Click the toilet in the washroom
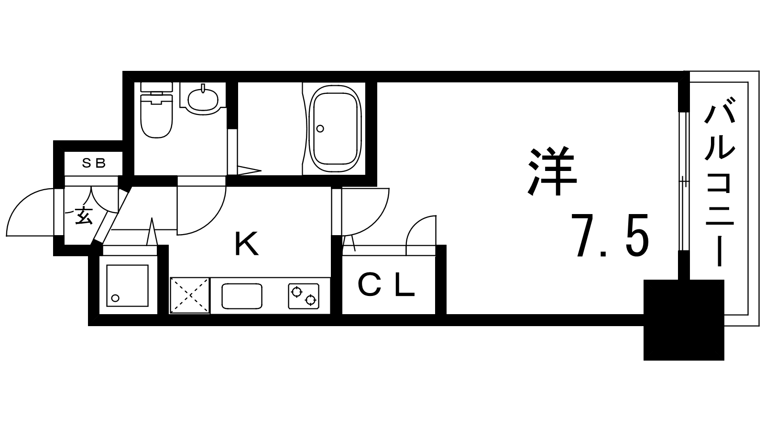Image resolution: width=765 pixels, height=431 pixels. click(156, 110)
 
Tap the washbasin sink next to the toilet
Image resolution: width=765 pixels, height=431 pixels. click(203, 98)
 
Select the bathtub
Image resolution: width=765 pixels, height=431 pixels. click(335, 129)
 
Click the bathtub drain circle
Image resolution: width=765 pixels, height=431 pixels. click(320, 129)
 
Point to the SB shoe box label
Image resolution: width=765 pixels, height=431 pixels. click(94, 163)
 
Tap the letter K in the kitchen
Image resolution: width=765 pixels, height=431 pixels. click(246, 244)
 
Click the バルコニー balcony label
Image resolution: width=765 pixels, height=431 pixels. click(719, 182)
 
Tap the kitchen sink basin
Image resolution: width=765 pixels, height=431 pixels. click(242, 296)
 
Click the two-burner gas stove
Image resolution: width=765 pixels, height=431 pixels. click(304, 296)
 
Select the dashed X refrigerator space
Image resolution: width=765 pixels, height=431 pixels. click(190, 295)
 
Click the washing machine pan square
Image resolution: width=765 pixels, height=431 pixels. click(128, 285)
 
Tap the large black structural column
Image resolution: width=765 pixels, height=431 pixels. click(684, 320)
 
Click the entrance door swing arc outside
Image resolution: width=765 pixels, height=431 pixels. click(30, 212)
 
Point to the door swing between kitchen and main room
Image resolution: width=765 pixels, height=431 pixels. click(365, 211)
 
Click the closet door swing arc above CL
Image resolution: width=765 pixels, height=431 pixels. click(421, 235)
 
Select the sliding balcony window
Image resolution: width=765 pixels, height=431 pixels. click(683, 181)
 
